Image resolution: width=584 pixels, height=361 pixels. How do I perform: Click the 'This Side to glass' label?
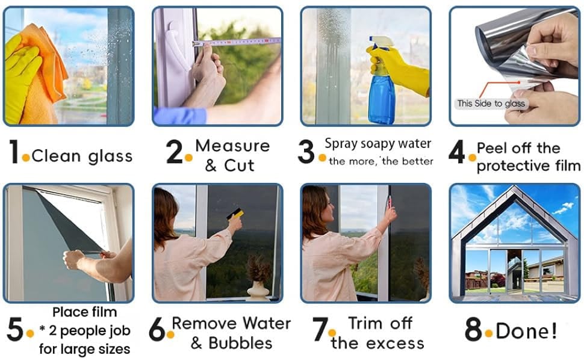pos(491,103)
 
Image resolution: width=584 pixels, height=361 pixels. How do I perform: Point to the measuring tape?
pos(237,42)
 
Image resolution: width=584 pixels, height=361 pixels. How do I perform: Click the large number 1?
pos(13,152)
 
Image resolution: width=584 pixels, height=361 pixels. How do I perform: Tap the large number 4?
pos(457,152)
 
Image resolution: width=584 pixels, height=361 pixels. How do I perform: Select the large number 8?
pos(473,329)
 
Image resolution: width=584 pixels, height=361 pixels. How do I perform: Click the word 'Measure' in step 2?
pos(232,146)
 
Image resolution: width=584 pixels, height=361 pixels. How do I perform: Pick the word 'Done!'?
pos(527,330)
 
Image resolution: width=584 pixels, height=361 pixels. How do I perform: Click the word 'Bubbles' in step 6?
pos(240,343)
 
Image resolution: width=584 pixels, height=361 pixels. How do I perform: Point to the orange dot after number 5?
pos(30,334)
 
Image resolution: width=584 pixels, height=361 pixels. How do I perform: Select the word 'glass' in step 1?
pos(110,157)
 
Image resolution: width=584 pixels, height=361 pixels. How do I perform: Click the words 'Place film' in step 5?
pos(84,312)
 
